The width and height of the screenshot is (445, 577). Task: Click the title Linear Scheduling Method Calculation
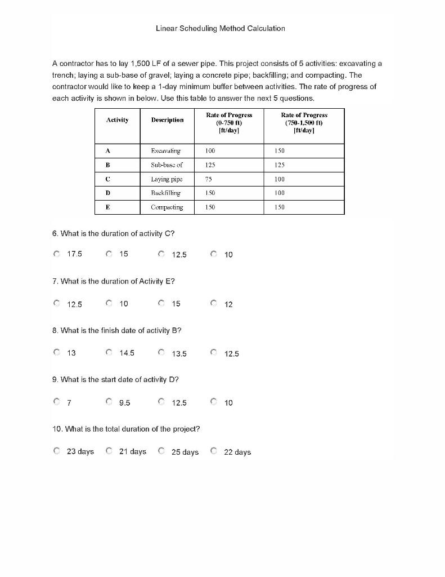point(220,28)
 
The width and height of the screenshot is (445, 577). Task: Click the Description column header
point(167,120)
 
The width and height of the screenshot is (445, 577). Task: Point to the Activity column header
point(117,120)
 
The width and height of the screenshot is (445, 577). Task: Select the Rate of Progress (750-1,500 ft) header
point(304,122)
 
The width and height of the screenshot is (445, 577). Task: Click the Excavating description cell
point(166,151)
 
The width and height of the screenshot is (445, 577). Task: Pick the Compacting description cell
point(167,207)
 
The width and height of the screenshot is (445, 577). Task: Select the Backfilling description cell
point(166,193)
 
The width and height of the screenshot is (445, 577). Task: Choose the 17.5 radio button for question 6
point(57,254)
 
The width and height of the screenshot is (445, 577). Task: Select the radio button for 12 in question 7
point(214,304)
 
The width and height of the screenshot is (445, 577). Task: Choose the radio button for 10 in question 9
point(214,402)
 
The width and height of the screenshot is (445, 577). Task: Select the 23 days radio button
point(57,451)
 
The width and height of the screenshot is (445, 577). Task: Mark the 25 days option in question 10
point(161,451)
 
